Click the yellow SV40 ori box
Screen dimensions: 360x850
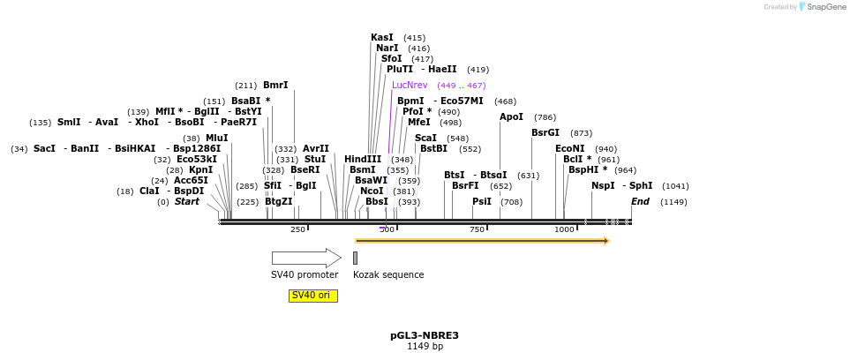click(312, 296)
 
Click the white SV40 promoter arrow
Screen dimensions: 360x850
click(305, 258)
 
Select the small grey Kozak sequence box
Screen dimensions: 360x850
click(355, 258)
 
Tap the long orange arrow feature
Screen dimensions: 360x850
click(481, 240)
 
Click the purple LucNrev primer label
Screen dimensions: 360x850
click(410, 86)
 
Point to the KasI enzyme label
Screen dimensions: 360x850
click(382, 38)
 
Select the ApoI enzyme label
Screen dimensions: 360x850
click(511, 116)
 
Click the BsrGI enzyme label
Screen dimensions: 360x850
click(545, 133)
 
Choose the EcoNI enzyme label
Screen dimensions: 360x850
click(569, 149)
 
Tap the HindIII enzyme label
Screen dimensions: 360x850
click(363, 160)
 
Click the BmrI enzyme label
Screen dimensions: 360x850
click(275, 86)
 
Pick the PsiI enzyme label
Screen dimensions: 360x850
click(482, 202)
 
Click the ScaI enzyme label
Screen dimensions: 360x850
click(425, 138)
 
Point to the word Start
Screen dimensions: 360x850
click(187, 202)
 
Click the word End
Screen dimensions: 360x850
click(640, 202)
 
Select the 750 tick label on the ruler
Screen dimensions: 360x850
click(478, 229)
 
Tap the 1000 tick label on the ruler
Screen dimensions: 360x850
click(564, 229)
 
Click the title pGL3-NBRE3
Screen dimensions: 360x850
click(425, 335)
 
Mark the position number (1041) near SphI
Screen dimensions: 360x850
click(675, 186)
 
